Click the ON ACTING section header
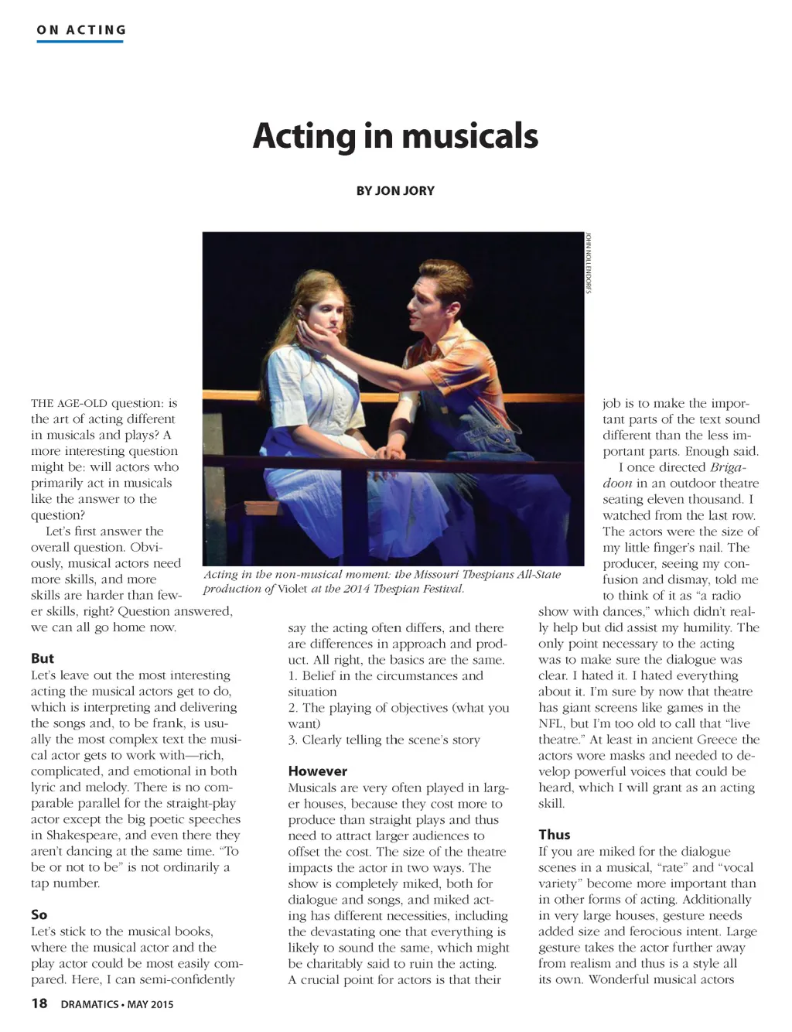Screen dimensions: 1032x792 pos(81,30)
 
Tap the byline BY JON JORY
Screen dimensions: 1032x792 pos(395,190)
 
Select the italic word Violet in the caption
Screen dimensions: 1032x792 pos(292,589)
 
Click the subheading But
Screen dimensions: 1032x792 pos(43,658)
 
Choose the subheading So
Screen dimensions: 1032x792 pos(39,914)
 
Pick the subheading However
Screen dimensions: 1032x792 pos(317,771)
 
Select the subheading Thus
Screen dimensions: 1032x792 pos(554,834)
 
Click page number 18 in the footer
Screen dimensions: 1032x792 pos(39,1004)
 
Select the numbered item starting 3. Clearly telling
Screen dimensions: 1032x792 pos(384,740)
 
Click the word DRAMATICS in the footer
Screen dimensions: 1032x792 pos(89,1004)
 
